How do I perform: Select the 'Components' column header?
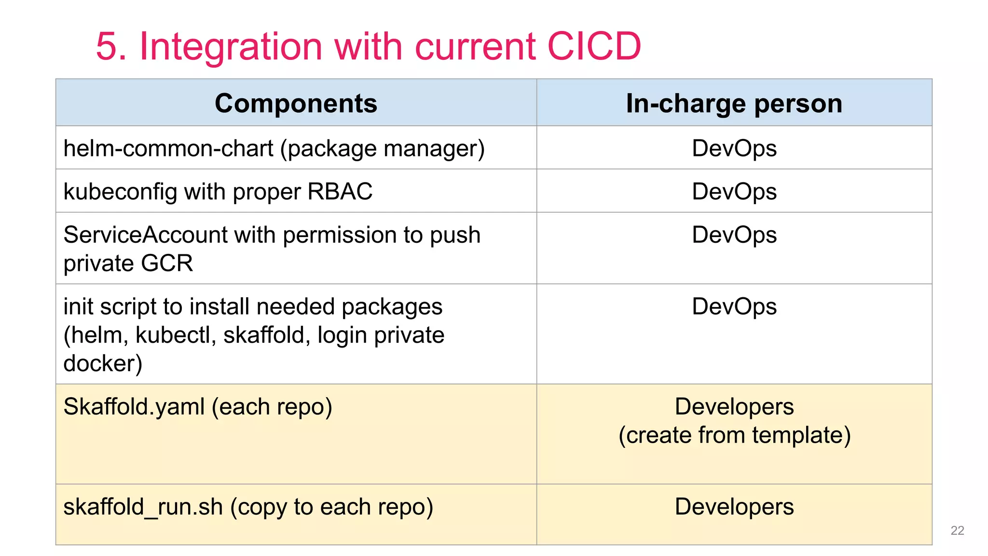pos(296,103)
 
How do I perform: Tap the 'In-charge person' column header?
pos(734,103)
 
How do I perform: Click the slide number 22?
pos(957,530)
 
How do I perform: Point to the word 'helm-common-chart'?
pos(168,148)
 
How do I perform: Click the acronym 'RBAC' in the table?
pos(340,191)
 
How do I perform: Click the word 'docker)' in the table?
pos(103,363)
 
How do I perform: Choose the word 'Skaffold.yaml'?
pos(134,407)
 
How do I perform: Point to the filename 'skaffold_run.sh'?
pos(143,507)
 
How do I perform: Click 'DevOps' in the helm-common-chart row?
pos(734,148)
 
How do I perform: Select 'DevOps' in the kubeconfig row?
pos(734,192)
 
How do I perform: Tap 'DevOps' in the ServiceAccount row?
pos(734,235)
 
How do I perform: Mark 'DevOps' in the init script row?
pos(734,306)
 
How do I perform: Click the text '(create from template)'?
pos(734,435)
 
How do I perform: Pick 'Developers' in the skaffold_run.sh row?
pos(734,507)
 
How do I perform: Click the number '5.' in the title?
pos(111,46)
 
